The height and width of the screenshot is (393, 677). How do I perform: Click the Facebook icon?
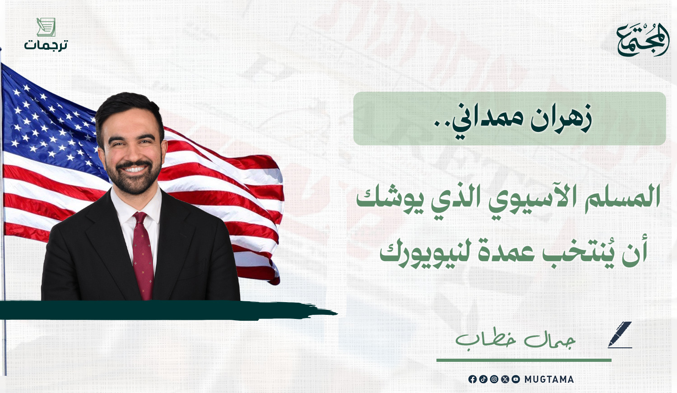point(473,379)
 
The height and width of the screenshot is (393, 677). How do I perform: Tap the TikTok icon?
point(483,379)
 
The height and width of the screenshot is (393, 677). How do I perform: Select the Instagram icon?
point(494,379)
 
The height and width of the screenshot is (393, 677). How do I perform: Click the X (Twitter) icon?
point(505,379)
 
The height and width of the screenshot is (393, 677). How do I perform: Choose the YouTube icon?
point(516,379)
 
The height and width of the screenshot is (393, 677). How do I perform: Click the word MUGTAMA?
point(549,379)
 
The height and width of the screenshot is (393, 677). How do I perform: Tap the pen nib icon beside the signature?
point(620,335)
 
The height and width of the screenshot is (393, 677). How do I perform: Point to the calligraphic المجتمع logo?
point(643,39)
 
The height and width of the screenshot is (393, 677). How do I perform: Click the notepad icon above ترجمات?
point(46,27)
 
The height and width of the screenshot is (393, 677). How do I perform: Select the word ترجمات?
point(46,45)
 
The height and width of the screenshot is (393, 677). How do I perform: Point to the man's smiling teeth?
point(134,169)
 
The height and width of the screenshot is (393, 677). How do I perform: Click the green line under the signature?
point(524,360)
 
